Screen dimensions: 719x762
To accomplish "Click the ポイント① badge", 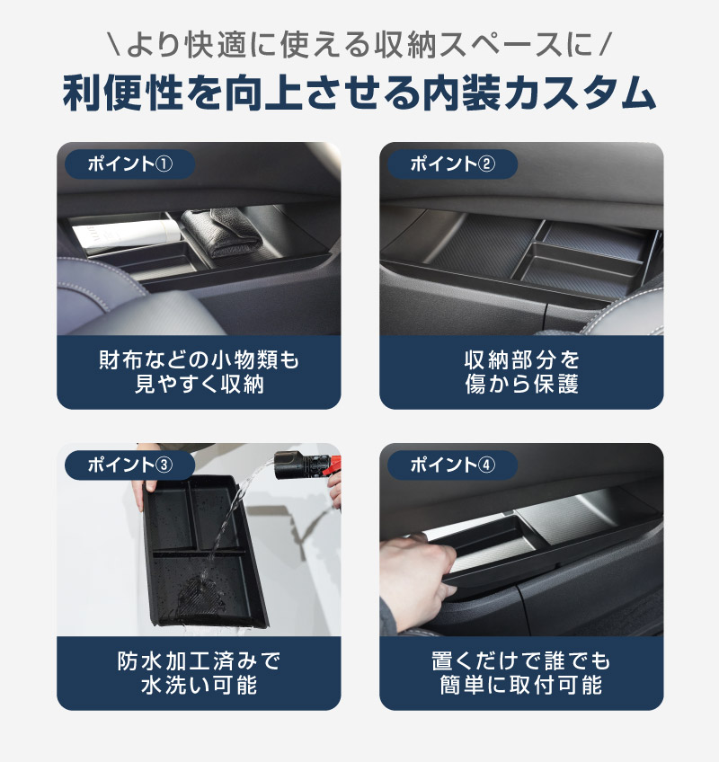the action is (x=129, y=164).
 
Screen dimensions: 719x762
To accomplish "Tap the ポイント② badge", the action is (x=452, y=164).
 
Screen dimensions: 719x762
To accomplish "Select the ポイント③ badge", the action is (x=129, y=465).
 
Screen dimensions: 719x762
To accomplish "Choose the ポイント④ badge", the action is (x=452, y=465).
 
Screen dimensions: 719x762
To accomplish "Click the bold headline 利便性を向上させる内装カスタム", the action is (x=359, y=93).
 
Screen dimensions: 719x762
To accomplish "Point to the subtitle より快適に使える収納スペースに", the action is (x=359, y=45).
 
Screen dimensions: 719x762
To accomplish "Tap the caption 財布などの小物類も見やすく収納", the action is (x=199, y=372).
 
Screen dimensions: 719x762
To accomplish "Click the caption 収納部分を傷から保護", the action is (x=521, y=372).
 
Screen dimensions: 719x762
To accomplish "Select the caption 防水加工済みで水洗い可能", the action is (x=199, y=673).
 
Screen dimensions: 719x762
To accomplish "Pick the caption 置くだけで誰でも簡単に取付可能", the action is (x=521, y=673).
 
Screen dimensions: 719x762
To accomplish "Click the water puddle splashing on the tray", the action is (x=200, y=594).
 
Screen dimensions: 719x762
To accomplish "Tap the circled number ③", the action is (x=164, y=465).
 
